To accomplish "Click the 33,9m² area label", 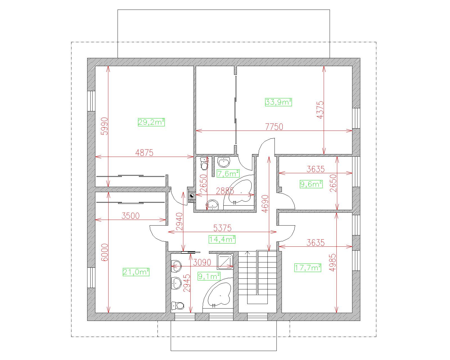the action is click(278, 102).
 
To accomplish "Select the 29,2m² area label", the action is click(151, 122).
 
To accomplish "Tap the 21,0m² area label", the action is click(136, 272).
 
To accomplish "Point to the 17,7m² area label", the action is click(308, 267).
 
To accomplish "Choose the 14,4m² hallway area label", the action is click(222, 239).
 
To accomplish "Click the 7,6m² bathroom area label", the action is click(228, 174).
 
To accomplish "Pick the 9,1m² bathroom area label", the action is click(209, 276).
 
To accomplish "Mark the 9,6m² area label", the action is click(311, 184).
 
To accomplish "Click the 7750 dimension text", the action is click(274, 127).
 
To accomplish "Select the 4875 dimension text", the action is click(144, 153).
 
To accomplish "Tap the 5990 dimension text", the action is click(104, 126).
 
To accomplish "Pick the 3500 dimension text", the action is click(130, 216).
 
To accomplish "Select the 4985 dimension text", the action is click(332, 262).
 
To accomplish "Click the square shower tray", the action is click(225, 262).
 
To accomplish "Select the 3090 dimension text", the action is click(202, 262).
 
